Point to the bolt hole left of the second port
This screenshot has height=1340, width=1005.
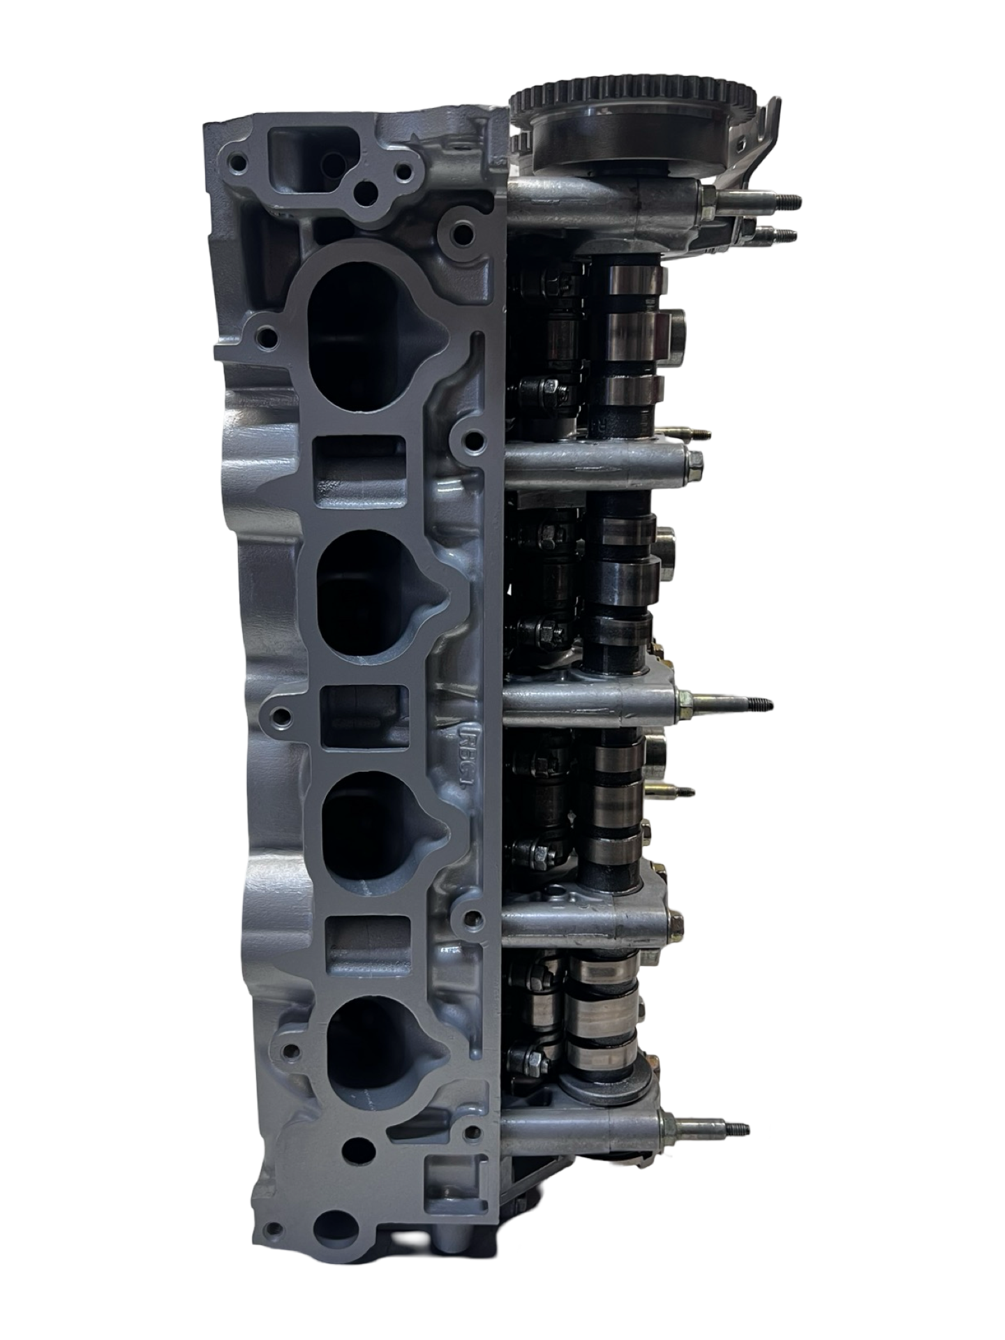click(x=281, y=716)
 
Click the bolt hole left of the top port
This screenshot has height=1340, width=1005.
click(x=265, y=341)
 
